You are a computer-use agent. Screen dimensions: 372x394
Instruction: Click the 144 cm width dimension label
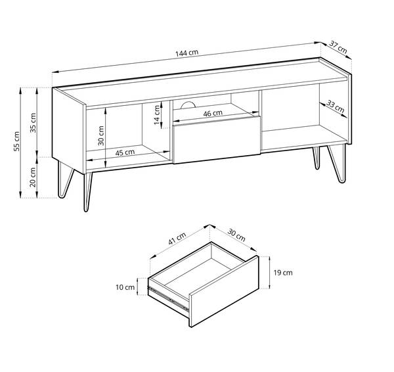point(188,54)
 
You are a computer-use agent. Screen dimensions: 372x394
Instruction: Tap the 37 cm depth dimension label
point(338,47)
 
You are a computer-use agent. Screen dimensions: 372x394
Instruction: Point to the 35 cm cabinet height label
point(34,121)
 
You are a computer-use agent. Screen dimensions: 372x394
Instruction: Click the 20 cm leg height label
point(34,177)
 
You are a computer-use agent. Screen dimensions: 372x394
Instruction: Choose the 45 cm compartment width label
point(125,152)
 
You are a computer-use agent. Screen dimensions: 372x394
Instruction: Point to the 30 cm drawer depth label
point(236,235)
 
